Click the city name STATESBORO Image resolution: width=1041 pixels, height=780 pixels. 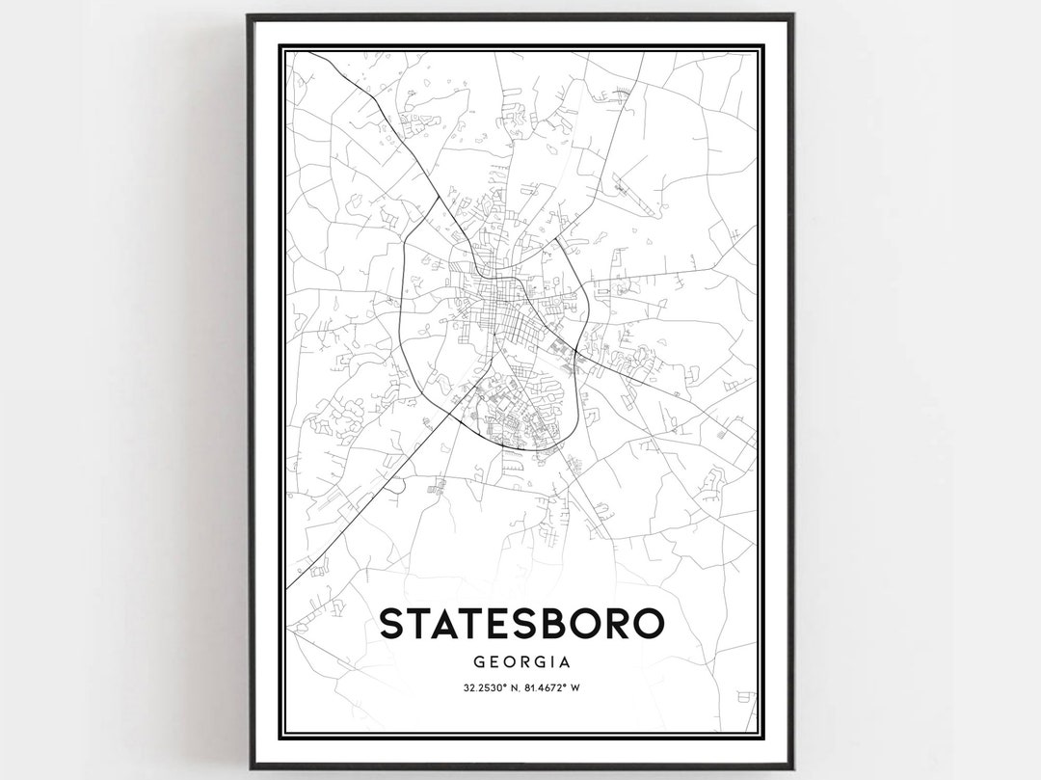(x=521, y=624)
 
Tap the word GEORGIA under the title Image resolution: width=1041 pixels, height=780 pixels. (x=521, y=662)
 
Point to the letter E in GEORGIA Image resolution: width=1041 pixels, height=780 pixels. (x=496, y=662)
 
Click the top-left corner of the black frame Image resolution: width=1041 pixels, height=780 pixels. (x=249, y=15)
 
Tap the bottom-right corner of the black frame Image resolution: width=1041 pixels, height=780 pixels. (x=792, y=767)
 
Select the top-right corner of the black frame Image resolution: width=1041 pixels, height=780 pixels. (x=792, y=15)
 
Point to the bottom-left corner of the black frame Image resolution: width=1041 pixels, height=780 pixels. (x=249, y=767)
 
